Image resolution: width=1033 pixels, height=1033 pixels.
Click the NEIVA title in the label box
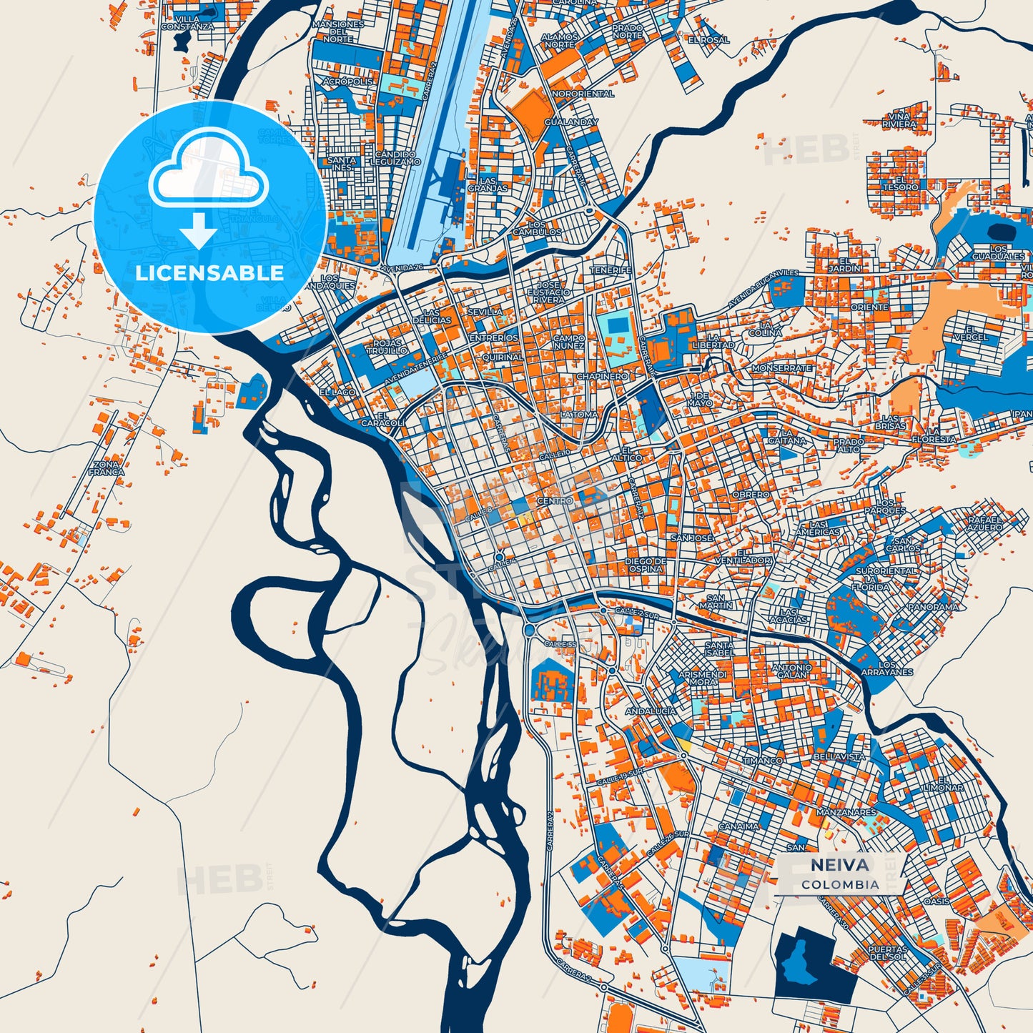tap(840, 865)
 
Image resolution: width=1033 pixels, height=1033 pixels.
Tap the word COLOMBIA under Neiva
tap(840, 884)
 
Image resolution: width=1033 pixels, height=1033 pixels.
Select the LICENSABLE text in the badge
tap(209, 272)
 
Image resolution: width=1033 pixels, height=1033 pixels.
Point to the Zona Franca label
tap(107, 468)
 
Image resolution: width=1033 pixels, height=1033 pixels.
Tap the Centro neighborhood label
tap(555, 501)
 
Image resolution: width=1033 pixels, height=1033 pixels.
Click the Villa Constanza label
tap(187, 23)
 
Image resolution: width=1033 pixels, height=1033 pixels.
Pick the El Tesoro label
tap(900, 184)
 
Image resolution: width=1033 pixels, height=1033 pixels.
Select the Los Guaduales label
tap(998, 252)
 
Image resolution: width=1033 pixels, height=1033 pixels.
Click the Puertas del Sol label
tap(887, 953)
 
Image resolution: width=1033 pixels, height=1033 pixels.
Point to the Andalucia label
tap(651, 711)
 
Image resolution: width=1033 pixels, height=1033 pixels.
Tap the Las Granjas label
tap(488, 184)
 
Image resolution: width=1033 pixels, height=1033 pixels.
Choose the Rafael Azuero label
tap(985, 523)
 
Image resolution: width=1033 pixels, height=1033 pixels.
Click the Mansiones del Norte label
tap(338, 31)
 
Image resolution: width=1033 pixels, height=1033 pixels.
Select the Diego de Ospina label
tap(646, 565)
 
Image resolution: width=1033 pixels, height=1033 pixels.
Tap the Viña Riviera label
tap(899, 120)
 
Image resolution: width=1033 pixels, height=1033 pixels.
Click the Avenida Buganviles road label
tap(763, 290)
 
